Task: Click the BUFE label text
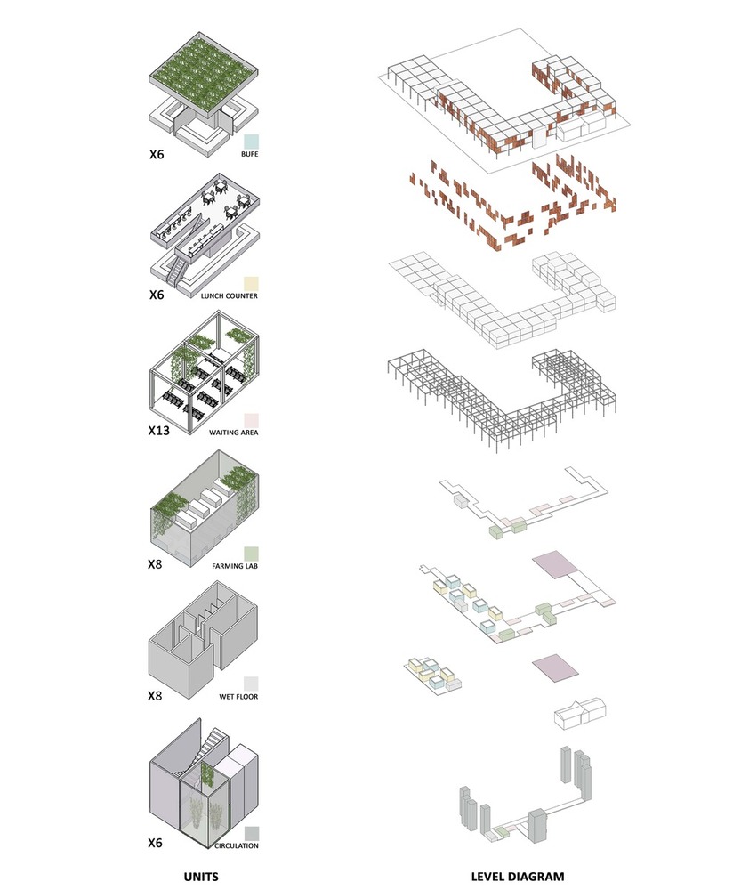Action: coord(249,154)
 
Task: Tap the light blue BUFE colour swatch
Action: coord(251,142)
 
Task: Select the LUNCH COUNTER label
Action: coord(230,295)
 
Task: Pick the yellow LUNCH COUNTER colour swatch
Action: coord(251,284)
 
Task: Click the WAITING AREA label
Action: coord(233,432)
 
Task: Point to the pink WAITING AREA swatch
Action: coord(251,421)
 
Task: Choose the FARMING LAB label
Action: coord(235,566)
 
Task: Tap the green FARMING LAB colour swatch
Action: coord(251,554)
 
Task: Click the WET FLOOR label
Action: coord(238,697)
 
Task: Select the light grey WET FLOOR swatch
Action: coord(251,684)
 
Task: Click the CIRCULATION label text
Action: coord(237,845)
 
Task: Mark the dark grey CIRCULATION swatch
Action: coord(252,834)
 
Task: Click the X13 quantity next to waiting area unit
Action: coord(159,431)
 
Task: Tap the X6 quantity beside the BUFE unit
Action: coord(157,154)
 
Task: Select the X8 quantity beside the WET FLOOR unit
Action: coord(155,696)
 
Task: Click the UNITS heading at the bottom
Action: coord(201,877)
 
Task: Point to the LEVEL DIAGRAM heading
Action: coord(518,877)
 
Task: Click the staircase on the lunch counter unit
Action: coord(178,271)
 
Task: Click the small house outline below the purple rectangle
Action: coord(580,713)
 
